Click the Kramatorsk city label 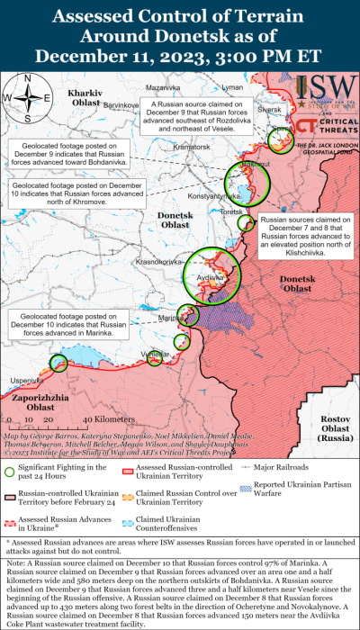pos(192,147)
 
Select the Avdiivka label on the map pos(210,278)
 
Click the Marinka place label pos(171,319)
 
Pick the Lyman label pos(232,87)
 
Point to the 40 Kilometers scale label pos(103,419)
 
